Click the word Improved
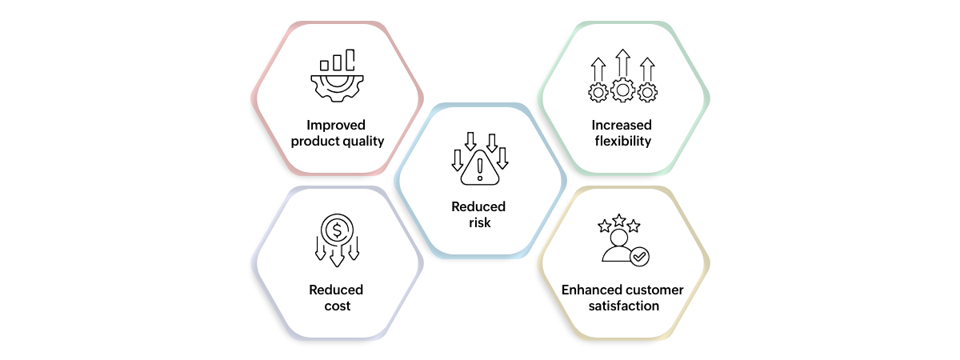coord(336,125)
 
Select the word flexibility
coord(622,141)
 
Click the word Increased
coord(622,125)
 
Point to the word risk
coord(479,222)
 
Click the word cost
coord(338,306)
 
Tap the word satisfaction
coord(623,306)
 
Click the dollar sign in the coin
coord(337,230)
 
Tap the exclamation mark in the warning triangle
coord(480,170)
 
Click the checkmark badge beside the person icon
coord(639,257)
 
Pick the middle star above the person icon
coord(619,220)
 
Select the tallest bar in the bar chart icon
coord(350,59)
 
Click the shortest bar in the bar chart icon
coord(325,66)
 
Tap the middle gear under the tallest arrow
coord(622,90)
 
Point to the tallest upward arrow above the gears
coord(622,63)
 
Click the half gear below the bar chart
coord(337,88)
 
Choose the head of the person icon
coord(619,237)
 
